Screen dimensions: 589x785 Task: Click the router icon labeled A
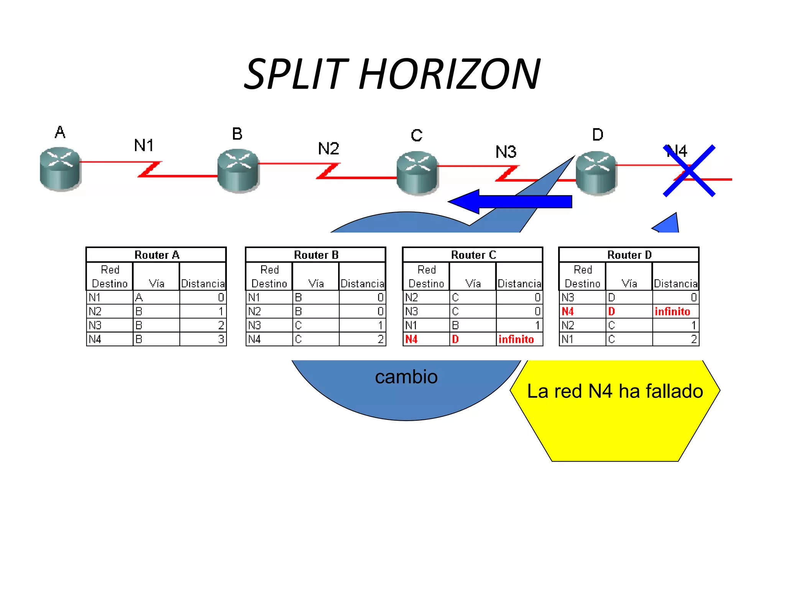tap(60, 169)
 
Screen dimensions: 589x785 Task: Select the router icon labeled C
tap(417, 173)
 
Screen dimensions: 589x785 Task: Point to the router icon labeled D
tap(596, 173)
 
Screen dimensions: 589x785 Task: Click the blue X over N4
tap(689, 171)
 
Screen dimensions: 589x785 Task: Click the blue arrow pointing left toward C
tap(510, 201)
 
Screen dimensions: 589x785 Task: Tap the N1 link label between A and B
tap(144, 145)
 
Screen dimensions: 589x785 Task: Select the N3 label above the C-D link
tap(506, 152)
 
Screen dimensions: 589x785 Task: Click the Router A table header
tap(156, 255)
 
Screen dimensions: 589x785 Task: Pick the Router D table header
tap(629, 255)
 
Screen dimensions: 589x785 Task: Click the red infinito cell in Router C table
tap(516, 339)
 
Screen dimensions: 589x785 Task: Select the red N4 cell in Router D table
tap(568, 311)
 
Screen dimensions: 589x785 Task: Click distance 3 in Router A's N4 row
tap(221, 339)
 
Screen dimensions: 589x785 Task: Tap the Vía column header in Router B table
tap(316, 283)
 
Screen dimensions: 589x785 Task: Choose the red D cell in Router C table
tap(455, 339)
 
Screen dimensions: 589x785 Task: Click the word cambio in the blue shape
tap(406, 377)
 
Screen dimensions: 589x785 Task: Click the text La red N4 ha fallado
tap(615, 392)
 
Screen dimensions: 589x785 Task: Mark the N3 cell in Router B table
tap(255, 326)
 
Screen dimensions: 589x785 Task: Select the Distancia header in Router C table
tap(519, 283)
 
